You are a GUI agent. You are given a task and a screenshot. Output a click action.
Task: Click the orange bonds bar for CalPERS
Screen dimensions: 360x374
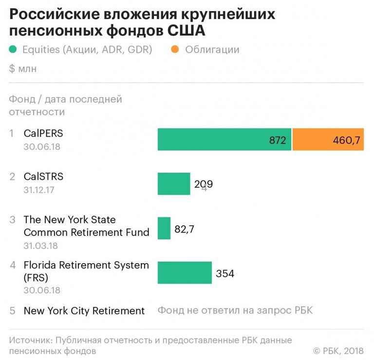[x=328, y=140]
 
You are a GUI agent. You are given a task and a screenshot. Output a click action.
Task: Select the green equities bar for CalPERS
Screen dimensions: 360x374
[x=224, y=140]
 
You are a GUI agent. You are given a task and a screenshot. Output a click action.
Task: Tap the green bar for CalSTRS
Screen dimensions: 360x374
[x=173, y=184]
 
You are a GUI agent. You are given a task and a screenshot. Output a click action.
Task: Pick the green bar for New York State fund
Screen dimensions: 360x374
[x=164, y=228]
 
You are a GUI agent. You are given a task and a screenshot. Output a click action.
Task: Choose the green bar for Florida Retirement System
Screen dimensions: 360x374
[x=185, y=272]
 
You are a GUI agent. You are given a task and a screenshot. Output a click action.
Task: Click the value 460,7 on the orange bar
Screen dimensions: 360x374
[x=346, y=141]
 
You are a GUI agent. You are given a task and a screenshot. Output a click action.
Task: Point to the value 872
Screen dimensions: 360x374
[x=278, y=141]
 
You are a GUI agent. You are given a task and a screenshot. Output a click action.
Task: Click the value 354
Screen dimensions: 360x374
[x=225, y=273]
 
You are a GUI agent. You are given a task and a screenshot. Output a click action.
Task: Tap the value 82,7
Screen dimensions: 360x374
[x=184, y=229]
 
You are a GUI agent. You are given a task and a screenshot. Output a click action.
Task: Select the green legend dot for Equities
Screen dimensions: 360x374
[x=13, y=49]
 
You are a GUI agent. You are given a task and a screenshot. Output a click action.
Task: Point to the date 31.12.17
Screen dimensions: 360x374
[x=38, y=190]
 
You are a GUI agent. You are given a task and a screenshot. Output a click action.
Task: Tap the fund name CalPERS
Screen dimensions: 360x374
[x=43, y=133]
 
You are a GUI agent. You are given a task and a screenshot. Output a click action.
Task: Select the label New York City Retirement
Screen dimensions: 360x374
[x=84, y=311]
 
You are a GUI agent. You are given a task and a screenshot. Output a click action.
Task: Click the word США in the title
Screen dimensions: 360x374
[x=187, y=31]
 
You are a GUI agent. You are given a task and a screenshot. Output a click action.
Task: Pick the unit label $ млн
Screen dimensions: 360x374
[x=23, y=69]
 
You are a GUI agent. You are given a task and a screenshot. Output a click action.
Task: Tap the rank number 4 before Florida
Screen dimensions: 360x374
[x=13, y=266]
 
